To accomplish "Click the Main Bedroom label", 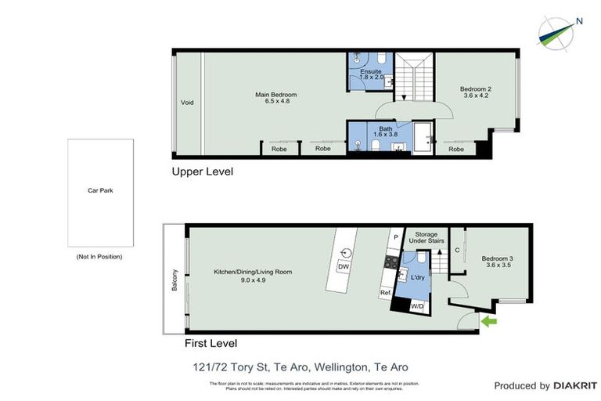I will (x=275, y=96).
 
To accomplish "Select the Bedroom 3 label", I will (x=496, y=259).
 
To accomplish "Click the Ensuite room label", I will (x=371, y=72).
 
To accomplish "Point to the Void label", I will (x=187, y=103).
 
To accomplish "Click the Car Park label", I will (x=100, y=190).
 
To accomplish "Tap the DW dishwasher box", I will (x=343, y=267).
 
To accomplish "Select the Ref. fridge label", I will (x=385, y=293).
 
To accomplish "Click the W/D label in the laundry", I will (x=417, y=305).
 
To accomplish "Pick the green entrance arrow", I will (x=489, y=321).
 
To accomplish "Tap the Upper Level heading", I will (x=203, y=171).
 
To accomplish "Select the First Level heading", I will (x=211, y=343).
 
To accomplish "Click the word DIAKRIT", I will (x=575, y=385).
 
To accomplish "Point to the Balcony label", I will (x=175, y=280).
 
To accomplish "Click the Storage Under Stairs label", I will (x=426, y=237).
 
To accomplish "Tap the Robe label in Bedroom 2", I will (x=456, y=149).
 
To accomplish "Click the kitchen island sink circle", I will (x=347, y=252).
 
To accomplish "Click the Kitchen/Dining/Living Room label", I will (x=253, y=272).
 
